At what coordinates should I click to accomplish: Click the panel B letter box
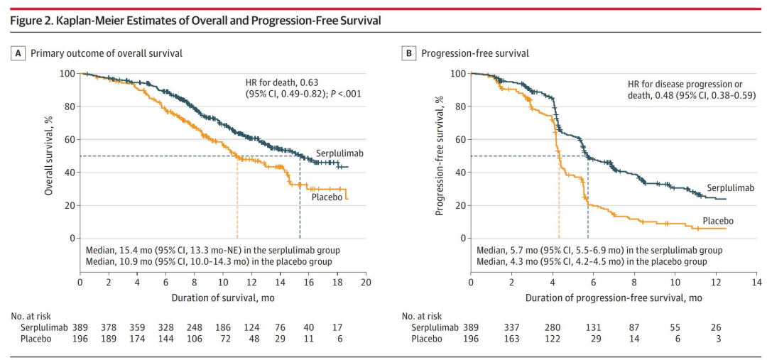click(409, 53)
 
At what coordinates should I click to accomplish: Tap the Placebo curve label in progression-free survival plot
click(718, 221)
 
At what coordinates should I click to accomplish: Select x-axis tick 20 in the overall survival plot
click(365, 283)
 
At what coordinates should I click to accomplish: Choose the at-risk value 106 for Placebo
click(195, 339)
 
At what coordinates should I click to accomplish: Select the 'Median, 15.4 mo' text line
click(213, 250)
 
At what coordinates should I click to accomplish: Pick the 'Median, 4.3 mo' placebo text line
click(597, 261)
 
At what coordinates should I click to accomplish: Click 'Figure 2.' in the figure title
click(32, 21)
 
